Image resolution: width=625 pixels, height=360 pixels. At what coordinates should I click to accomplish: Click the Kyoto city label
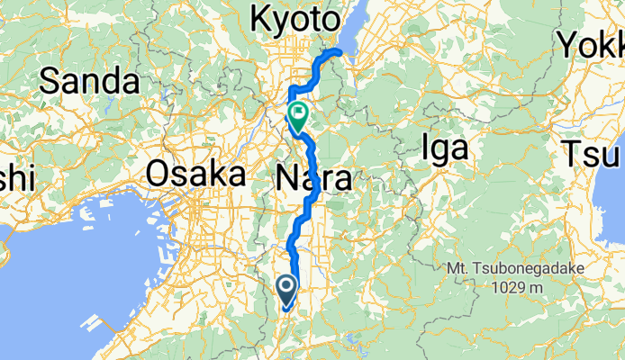[x=296, y=19]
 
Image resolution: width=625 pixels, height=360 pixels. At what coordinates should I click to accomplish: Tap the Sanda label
[x=90, y=82]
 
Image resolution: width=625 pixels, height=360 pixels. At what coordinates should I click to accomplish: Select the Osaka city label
[x=195, y=173]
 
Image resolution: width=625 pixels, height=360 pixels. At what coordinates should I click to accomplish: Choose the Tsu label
[x=589, y=153]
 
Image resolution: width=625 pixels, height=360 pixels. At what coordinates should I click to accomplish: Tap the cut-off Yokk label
[x=591, y=42]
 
